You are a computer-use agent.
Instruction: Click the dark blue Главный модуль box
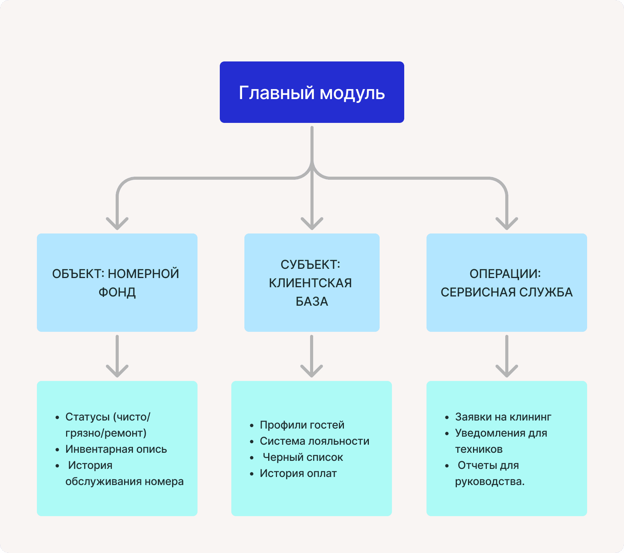click(312, 92)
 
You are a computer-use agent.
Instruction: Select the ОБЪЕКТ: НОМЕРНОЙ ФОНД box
click(117, 283)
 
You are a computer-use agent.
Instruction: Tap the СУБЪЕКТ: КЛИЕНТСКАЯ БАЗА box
click(312, 283)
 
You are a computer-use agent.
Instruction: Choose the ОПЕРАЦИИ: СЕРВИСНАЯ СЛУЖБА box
click(506, 283)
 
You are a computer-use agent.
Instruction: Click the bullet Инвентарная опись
click(116, 449)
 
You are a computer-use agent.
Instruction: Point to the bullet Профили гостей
click(302, 425)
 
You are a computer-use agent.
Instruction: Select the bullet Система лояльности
click(314, 441)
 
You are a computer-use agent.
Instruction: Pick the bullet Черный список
click(303, 457)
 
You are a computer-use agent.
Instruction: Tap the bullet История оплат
click(298, 473)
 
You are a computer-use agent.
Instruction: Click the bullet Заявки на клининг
click(503, 417)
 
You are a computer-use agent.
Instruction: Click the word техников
click(479, 449)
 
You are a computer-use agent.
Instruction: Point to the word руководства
click(490, 481)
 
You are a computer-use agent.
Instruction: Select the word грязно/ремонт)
click(106, 433)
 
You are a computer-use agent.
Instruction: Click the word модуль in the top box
click(352, 93)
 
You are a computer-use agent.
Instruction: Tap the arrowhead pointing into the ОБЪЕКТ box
click(117, 223)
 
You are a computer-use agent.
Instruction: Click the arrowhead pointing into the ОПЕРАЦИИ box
click(507, 223)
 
